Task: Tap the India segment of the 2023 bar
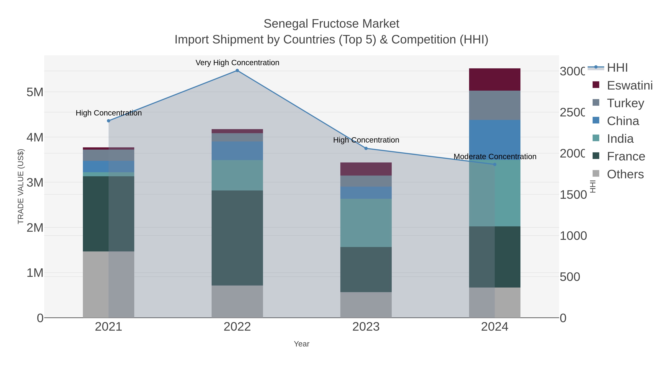tap(366, 223)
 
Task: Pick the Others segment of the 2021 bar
tap(108, 284)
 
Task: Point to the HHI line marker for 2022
tap(237, 71)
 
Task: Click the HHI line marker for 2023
tap(366, 148)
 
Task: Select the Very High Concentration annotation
tap(237, 63)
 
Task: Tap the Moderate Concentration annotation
tap(494, 157)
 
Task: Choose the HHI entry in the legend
tap(617, 68)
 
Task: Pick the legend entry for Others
tap(625, 174)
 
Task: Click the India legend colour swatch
tap(596, 138)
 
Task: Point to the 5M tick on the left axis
tap(35, 92)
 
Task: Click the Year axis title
tap(301, 344)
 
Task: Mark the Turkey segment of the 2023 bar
tap(366, 181)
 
